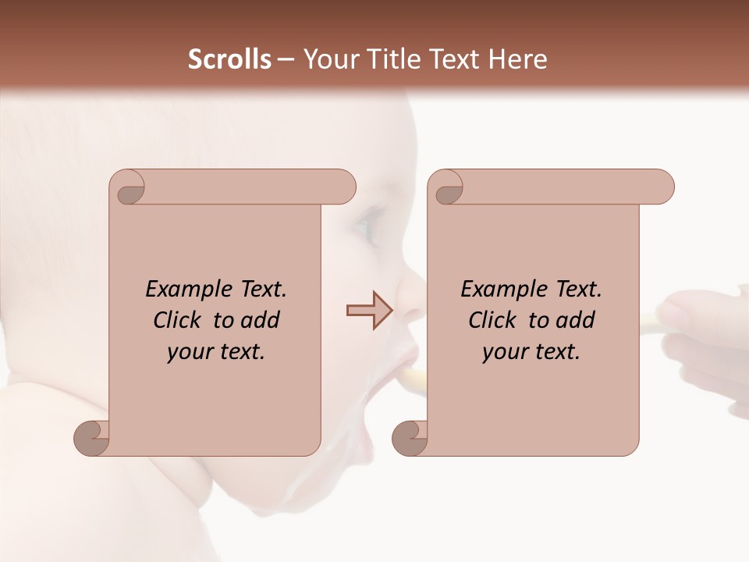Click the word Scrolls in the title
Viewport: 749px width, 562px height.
[x=230, y=59]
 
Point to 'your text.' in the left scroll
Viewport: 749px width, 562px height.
[x=216, y=352]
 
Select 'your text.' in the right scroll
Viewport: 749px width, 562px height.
[x=531, y=352]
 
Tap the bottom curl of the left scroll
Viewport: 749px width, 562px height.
[x=91, y=437]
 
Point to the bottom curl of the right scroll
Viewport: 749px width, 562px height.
[x=410, y=437]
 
